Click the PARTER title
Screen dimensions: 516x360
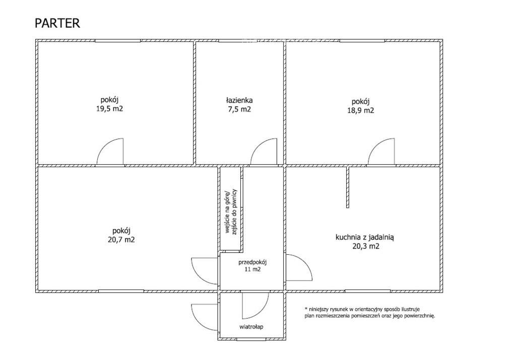point(57,23)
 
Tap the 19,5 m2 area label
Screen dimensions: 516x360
point(109,109)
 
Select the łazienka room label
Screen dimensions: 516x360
point(239,100)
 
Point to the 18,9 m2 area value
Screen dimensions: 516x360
point(361,110)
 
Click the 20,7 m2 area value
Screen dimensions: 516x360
point(121,240)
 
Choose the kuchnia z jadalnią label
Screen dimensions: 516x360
point(365,237)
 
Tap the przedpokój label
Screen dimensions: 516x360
point(252,262)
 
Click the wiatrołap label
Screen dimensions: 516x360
point(251,327)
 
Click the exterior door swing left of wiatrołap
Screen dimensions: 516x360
point(199,323)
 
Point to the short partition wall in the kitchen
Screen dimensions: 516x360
point(348,187)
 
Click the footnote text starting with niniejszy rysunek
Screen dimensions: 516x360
point(369,313)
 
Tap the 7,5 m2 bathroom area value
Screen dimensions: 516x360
point(239,109)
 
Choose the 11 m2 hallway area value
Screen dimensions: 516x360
point(252,269)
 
